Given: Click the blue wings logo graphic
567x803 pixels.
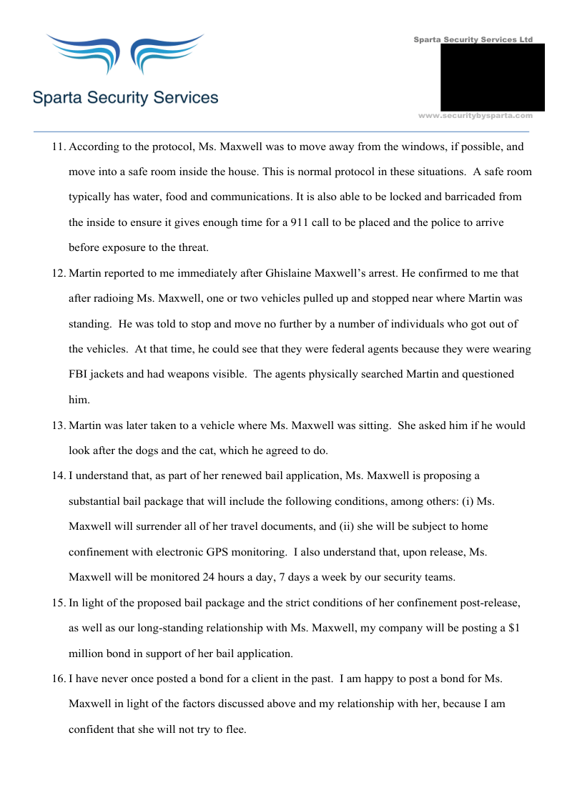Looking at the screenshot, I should tap(125, 54).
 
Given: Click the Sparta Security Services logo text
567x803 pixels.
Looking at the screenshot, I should tap(125, 97).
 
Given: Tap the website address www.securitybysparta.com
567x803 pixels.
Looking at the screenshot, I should tap(475, 115).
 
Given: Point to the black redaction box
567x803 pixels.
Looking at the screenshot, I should tap(492, 77).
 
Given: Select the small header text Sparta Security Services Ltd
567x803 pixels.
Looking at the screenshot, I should tap(473, 39).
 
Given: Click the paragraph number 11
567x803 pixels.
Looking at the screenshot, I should tap(58, 147).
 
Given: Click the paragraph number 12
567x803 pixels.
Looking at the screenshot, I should tap(58, 273).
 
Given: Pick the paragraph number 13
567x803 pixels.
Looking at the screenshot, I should tap(58, 425).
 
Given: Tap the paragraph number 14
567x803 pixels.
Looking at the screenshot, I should tap(58, 476).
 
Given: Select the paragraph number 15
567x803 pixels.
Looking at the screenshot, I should tap(58, 602).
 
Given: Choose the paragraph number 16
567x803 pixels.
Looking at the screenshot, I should tap(58, 678).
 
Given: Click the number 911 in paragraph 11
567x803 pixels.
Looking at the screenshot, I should tap(299, 222).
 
